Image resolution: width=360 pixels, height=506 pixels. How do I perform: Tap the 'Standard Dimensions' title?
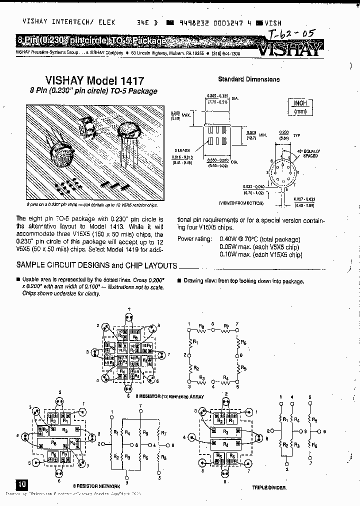coord(248,79)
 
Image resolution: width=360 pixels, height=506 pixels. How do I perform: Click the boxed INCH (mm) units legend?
coord(299,106)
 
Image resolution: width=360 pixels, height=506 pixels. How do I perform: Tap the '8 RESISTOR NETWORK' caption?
coord(97,485)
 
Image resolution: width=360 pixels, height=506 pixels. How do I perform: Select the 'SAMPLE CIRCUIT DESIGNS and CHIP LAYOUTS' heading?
coord(97,265)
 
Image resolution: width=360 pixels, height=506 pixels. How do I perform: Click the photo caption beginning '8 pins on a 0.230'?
coord(92,205)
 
